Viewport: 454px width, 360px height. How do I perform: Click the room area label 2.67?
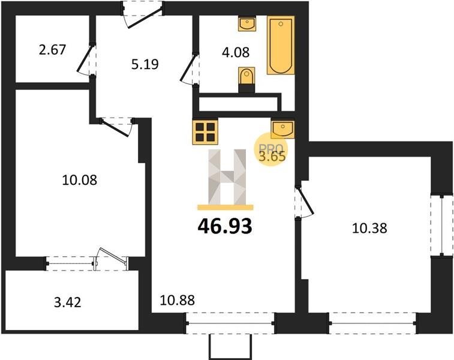[x=52, y=50]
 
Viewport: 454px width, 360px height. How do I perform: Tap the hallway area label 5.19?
[x=145, y=64]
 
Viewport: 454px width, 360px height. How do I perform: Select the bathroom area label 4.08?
[x=236, y=52]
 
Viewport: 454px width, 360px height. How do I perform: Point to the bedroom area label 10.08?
[x=80, y=180]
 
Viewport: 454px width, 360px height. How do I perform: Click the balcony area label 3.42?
[x=67, y=302]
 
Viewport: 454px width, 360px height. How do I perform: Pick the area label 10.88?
[x=177, y=300]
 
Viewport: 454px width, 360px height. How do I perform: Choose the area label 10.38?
[x=369, y=228]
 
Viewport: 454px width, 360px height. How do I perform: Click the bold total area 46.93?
[x=225, y=226]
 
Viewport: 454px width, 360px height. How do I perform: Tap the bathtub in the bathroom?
[x=281, y=45]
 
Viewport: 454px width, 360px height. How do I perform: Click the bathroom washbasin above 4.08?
[x=247, y=23]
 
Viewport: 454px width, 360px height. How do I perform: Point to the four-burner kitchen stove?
[x=205, y=132]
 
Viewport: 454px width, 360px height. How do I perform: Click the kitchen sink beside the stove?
[x=282, y=129]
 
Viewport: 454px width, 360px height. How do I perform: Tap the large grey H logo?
[x=227, y=176]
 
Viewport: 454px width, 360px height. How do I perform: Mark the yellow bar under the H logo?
[x=226, y=207]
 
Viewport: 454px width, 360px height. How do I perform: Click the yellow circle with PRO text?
[x=270, y=149]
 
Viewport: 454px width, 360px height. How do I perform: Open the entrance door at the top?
[x=143, y=14]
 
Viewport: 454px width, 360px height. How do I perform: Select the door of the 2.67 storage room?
[x=86, y=59]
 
